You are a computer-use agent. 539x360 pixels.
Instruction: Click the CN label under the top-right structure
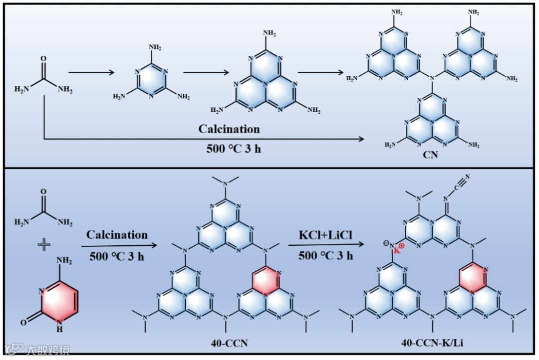pyautogui.click(x=430, y=155)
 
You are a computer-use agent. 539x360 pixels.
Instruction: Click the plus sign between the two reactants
pyautogui.click(x=45, y=244)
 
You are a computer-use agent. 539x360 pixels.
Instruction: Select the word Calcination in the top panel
pyautogui.click(x=229, y=129)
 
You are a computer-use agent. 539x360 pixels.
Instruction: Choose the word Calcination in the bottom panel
pyautogui.click(x=117, y=234)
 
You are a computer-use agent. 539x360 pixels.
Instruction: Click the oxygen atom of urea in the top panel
pyautogui.click(x=43, y=59)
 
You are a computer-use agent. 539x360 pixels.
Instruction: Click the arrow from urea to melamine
pyautogui.click(x=91, y=73)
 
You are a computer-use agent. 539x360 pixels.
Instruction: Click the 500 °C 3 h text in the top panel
pyautogui.click(x=229, y=148)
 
